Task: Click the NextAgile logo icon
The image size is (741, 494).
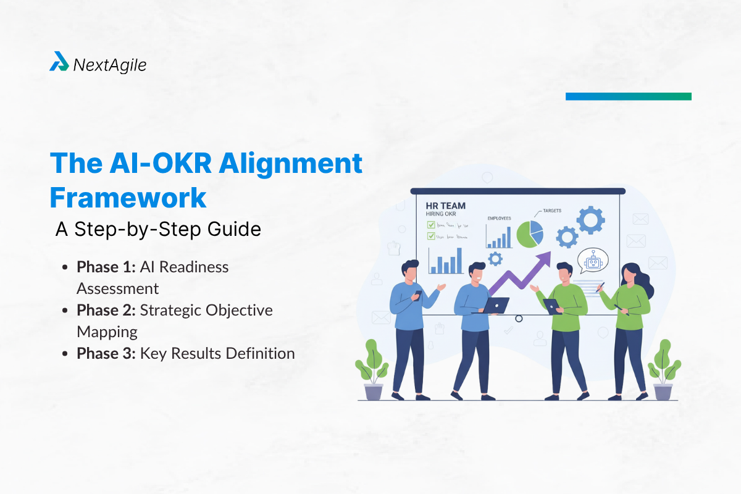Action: tap(59, 62)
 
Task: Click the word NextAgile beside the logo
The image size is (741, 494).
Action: tap(109, 65)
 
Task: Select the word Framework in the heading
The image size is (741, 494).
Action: tap(128, 197)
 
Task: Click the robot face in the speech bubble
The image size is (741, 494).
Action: tap(593, 262)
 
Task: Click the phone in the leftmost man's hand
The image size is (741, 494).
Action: tap(417, 295)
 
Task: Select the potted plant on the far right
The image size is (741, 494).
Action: tap(663, 371)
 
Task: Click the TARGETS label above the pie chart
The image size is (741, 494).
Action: tap(552, 211)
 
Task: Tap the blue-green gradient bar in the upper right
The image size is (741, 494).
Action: tap(628, 96)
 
